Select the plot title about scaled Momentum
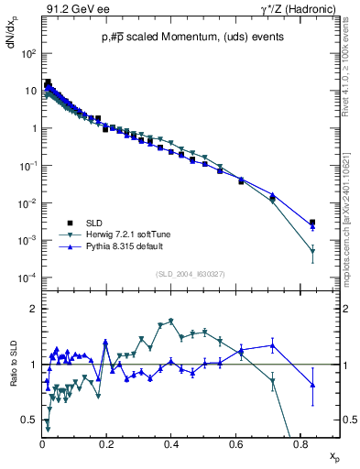[x=192, y=37]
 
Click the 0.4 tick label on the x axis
[x=171, y=444]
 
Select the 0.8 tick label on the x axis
[x=300, y=444]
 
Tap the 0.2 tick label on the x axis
[x=106, y=444]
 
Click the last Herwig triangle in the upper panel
[x=312, y=251]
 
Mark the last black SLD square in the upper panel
[x=312, y=223]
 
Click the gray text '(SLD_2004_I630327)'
[x=192, y=274]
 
